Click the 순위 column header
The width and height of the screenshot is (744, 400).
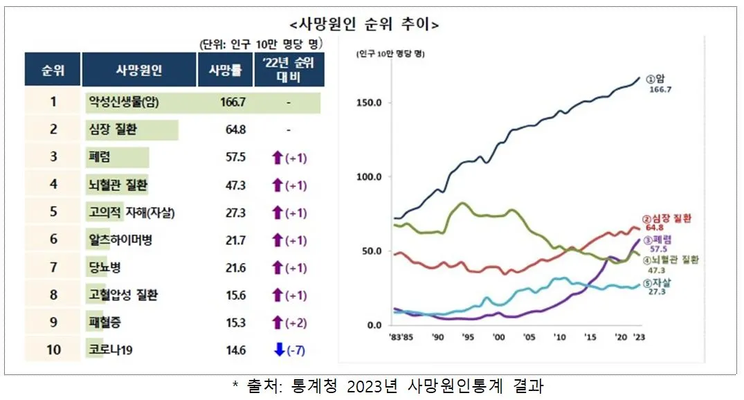point(53,70)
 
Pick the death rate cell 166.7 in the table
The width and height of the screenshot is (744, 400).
point(232,102)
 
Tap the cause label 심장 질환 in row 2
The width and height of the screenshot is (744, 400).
point(114,129)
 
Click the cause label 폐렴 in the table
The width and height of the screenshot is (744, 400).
point(100,157)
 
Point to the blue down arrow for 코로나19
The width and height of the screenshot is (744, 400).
point(279,350)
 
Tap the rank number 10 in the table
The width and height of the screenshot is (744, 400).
point(53,350)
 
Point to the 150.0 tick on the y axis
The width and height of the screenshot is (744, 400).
point(369,103)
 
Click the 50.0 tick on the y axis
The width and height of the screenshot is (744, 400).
point(371,251)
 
